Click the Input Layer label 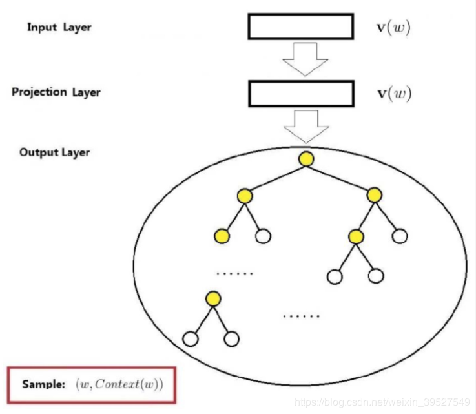tap(59, 27)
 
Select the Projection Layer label tap(56, 92)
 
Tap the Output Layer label tap(54, 152)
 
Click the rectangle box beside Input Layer tap(300, 27)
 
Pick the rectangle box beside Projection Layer tap(301, 94)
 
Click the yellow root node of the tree tap(306, 158)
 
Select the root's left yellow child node tap(244, 195)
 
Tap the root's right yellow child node tap(374, 195)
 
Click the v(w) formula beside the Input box tap(393, 28)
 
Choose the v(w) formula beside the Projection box tap(393, 94)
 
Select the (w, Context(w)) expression tap(119, 384)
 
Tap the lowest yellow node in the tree tap(213, 298)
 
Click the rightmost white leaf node tap(400, 236)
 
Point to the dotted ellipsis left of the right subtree tap(234, 274)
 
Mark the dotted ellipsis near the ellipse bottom tap(301, 316)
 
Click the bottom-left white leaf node tap(190, 338)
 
